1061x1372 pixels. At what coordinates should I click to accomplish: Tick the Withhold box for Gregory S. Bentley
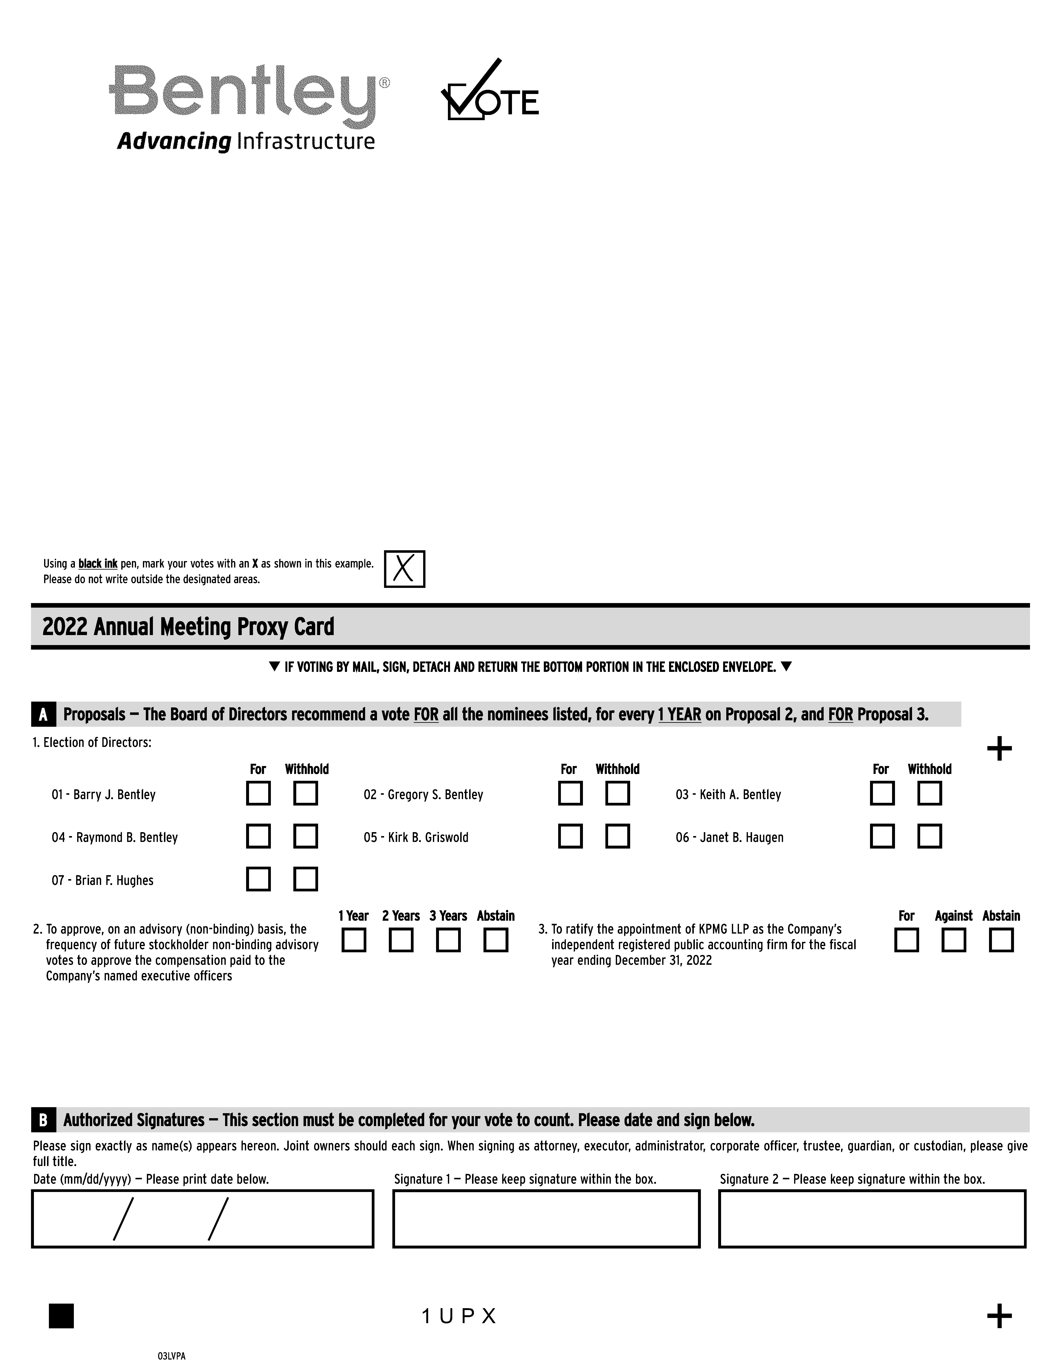617,793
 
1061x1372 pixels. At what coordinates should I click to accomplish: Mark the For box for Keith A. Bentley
882,793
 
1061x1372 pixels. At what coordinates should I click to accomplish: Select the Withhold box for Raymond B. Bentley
305,836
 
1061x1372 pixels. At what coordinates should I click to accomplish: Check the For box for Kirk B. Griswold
570,836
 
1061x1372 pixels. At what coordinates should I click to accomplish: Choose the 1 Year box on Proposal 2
354,940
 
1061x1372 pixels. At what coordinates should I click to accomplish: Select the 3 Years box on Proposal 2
448,940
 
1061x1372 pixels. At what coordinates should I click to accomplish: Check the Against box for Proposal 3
953,940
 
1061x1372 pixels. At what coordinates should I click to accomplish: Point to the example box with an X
404,569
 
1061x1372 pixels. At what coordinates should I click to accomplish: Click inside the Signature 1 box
546,1219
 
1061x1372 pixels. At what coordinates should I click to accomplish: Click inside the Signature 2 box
872,1219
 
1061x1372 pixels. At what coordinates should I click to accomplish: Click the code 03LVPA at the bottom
172,1356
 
